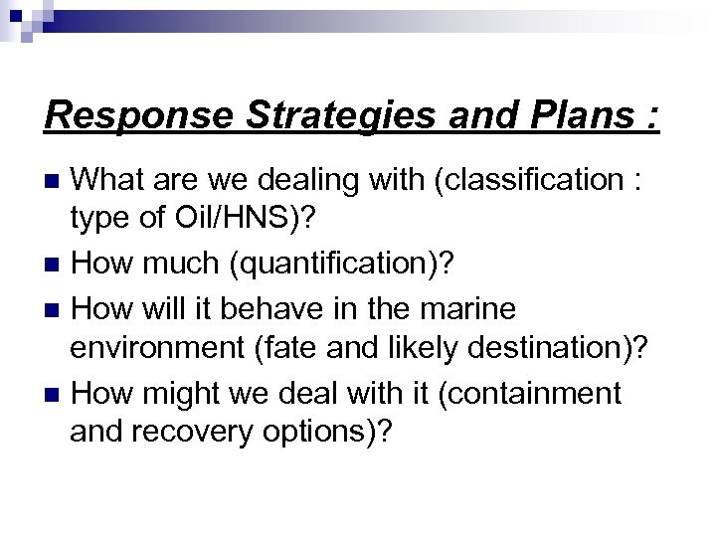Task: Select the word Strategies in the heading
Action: click(x=316, y=115)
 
